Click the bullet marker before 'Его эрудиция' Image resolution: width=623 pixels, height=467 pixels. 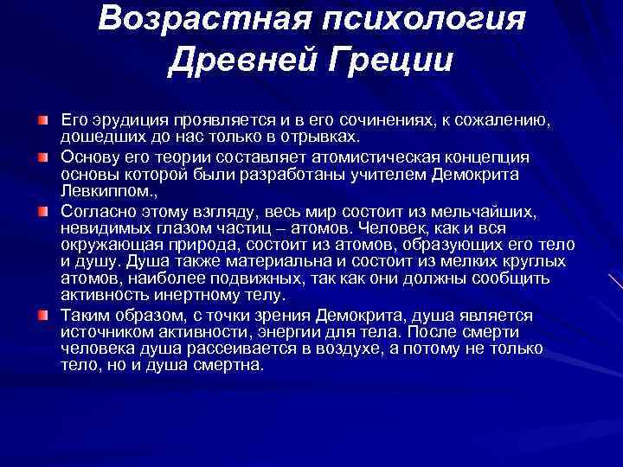(x=42, y=116)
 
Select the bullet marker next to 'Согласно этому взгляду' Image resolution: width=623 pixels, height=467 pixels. (x=42, y=210)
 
